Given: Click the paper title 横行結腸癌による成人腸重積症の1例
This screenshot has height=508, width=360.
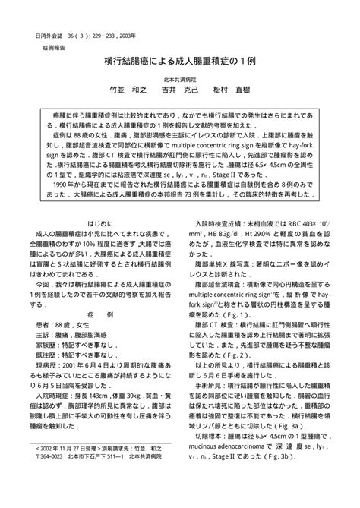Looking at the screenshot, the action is [x=180, y=60].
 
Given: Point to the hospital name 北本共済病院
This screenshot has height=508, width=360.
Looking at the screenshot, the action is [x=179, y=78].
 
